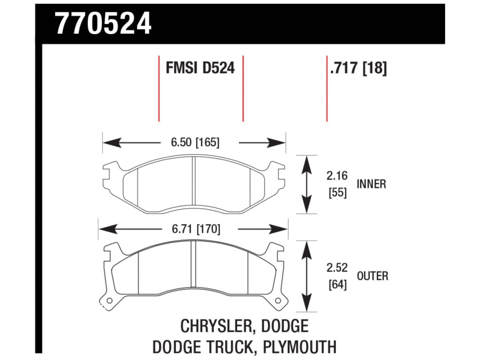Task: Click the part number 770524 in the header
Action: pos(103,23)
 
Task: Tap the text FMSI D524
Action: pos(200,68)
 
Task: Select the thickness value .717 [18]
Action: pos(358,68)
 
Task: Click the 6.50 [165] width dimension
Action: pos(195,142)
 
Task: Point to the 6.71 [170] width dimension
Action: pos(196,229)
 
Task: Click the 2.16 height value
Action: pos(337,175)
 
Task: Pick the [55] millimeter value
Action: pos(337,193)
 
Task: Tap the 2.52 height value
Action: pos(337,268)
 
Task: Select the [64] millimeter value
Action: pos(337,285)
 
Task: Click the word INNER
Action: pos(371,184)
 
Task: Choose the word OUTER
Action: pos(372,276)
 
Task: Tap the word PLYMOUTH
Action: pos(299,347)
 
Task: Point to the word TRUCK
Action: pos(228,347)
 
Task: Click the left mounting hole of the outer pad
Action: pos(109,301)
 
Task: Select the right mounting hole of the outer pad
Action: pos(278,301)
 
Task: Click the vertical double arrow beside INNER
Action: pos(307,184)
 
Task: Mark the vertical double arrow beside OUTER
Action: pos(307,276)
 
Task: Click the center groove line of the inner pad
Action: pos(194,184)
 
